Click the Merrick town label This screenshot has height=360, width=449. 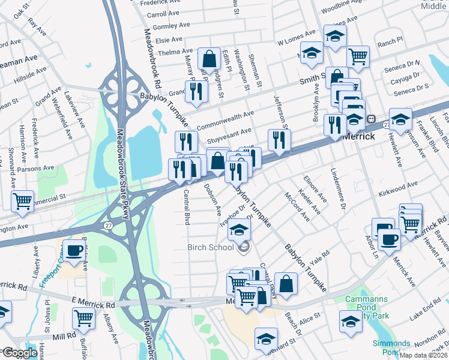pos(359,136)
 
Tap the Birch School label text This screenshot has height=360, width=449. pos(211,247)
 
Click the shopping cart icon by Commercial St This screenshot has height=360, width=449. pos(23,201)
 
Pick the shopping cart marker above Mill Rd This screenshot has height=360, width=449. pos(83,318)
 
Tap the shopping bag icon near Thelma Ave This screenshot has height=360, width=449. pos(209,59)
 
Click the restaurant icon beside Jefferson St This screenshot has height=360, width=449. pos(279,140)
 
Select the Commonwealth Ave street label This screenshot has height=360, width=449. pos(225,120)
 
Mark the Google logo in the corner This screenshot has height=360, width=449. pos(20,353)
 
